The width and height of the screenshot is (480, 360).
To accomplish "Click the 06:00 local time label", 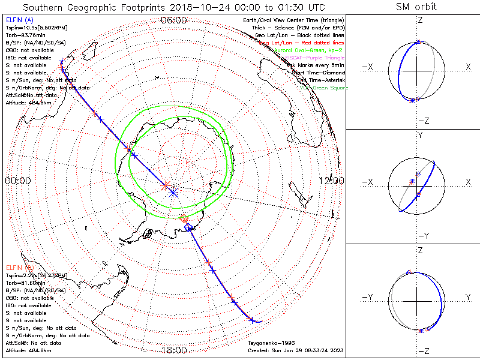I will point(174,20).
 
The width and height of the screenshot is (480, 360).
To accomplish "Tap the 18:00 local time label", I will point(174,350).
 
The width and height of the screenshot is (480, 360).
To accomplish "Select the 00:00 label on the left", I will point(18,181).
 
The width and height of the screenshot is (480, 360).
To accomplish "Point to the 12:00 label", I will point(332,181).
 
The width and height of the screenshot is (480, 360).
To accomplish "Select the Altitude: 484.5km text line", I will point(28,103).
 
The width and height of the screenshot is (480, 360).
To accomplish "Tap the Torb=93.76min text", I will point(23,35).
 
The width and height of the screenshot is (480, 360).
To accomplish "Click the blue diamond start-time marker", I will point(188,227).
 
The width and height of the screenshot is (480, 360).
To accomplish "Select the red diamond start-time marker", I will point(184,218).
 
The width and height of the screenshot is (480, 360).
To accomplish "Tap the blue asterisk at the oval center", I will point(173,193).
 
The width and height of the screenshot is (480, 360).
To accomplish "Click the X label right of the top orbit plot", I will point(468,67).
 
